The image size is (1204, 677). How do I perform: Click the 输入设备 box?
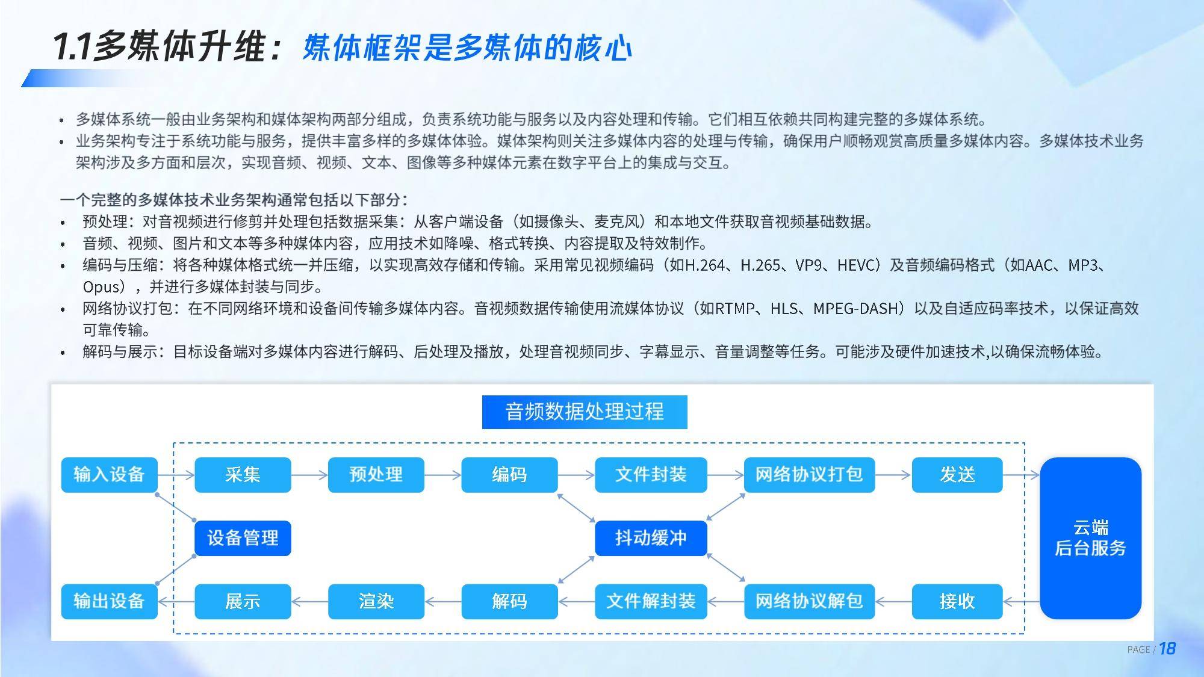109,475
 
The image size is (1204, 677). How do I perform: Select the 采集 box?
243,475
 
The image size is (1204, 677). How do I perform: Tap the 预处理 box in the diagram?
376,475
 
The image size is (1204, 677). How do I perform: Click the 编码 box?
509,475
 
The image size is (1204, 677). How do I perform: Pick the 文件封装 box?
651,475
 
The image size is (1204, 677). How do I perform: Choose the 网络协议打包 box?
809,475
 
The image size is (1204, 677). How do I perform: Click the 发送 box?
957,475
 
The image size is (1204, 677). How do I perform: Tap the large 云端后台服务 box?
1090,538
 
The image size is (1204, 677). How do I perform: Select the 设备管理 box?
243,538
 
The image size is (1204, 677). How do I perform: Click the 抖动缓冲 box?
651,538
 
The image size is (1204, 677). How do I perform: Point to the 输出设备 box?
109,601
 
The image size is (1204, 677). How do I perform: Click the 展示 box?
243,601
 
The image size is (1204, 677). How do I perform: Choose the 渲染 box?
376,601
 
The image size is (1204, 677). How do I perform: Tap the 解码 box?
509,601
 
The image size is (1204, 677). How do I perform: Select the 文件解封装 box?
651,601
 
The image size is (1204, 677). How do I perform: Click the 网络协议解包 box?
809,601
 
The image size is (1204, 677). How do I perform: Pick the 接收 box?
957,601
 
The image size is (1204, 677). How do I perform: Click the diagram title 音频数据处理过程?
585,412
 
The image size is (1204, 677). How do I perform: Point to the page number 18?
1167,649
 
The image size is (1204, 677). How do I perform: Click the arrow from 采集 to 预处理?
309,475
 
